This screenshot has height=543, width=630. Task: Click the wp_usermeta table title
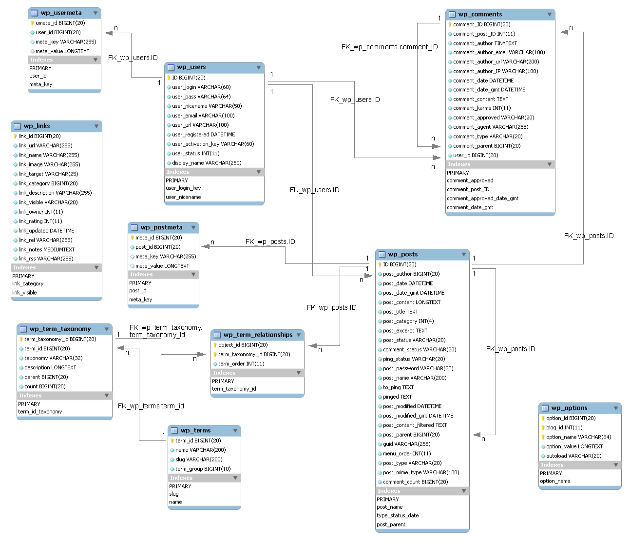(61, 13)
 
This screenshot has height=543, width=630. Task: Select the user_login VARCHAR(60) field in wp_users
(201, 87)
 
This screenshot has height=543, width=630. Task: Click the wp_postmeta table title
(161, 228)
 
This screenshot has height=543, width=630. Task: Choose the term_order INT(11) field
(241, 364)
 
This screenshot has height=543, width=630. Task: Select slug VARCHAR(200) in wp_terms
(198, 460)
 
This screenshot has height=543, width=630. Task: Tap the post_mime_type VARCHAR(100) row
(420, 473)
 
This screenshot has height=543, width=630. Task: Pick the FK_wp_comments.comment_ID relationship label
(389, 47)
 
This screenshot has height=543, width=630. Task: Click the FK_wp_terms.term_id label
(151, 406)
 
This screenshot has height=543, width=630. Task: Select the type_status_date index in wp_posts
(398, 516)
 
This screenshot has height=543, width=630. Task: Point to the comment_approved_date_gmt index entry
(482, 199)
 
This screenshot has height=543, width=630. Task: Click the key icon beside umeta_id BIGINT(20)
(32, 23)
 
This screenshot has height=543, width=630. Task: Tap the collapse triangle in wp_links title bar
(96, 126)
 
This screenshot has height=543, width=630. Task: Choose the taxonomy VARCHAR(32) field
(53, 358)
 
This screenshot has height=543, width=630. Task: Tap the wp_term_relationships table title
(258, 335)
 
